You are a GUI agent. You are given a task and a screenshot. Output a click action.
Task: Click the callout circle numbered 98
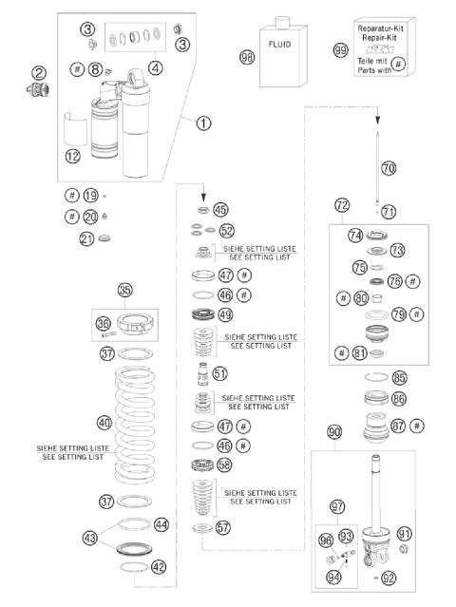click(x=247, y=57)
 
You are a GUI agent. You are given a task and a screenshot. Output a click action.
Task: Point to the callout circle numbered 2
click(x=39, y=72)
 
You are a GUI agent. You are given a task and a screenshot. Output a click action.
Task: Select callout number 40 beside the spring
click(x=104, y=422)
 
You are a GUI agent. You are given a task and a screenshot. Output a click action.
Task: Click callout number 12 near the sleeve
click(x=74, y=156)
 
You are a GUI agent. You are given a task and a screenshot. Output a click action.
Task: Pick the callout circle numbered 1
click(x=202, y=123)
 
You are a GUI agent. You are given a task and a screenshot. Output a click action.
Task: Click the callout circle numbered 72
click(x=341, y=205)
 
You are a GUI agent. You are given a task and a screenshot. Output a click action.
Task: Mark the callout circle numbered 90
click(x=332, y=432)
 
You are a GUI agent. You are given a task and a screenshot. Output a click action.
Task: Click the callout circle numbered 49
click(x=225, y=314)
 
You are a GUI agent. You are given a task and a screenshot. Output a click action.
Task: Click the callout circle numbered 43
click(x=117, y=538)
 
